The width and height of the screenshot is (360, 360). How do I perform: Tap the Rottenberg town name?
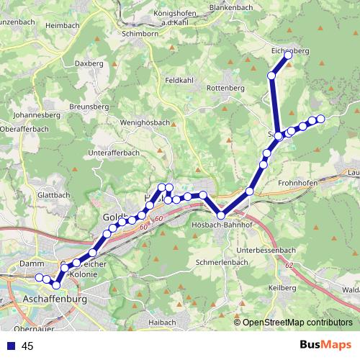click(x=225, y=87)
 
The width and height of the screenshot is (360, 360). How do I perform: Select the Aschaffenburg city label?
click(x=55, y=297)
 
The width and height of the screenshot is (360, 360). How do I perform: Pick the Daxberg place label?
click(x=89, y=63)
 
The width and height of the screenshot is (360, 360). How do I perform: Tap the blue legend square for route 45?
click(x=10, y=346)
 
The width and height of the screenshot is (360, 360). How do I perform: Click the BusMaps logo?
click(x=325, y=346)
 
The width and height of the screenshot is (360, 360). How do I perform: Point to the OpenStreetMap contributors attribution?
click(x=297, y=322)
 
